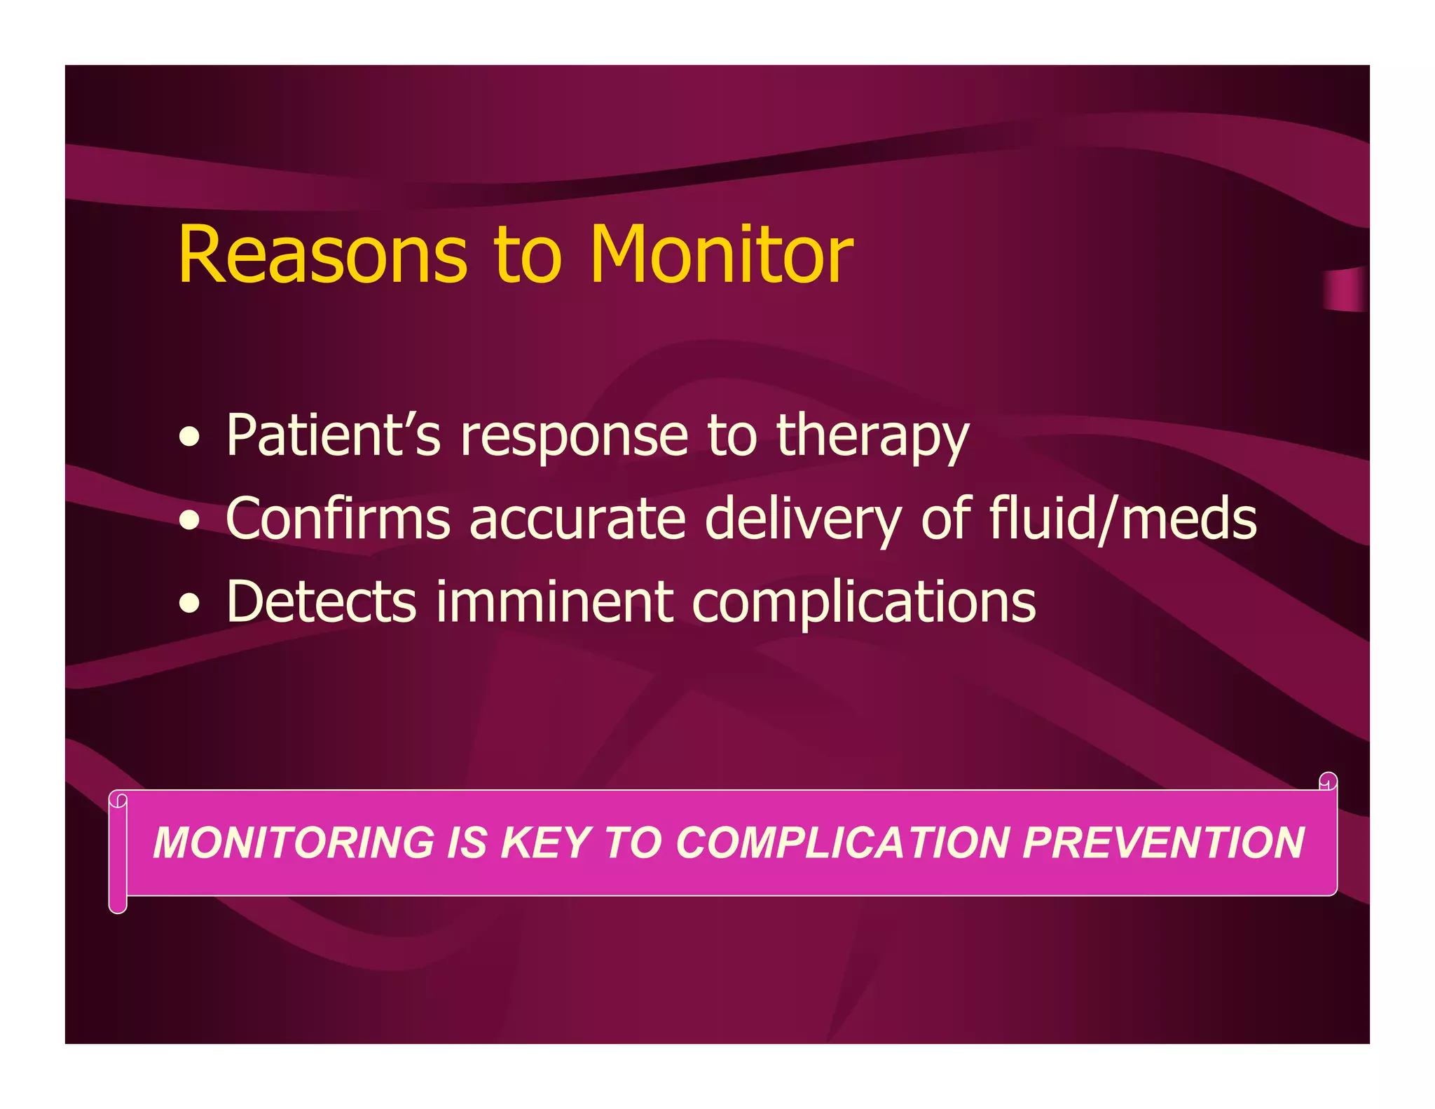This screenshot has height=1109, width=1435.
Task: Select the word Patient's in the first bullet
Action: [334, 435]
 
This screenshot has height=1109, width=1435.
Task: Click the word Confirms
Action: [338, 519]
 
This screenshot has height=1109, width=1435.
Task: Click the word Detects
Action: [322, 601]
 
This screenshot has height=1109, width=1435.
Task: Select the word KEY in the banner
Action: [547, 843]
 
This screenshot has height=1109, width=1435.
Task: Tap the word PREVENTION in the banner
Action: [1163, 843]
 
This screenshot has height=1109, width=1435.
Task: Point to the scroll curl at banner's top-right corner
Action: [1328, 782]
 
